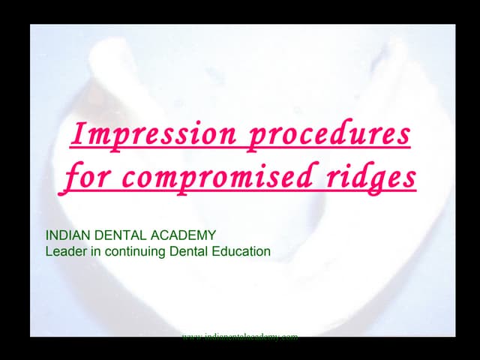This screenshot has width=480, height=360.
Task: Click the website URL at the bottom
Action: pyautogui.click(x=240, y=337)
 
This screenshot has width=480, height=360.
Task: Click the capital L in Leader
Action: pyautogui.click(x=49, y=251)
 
